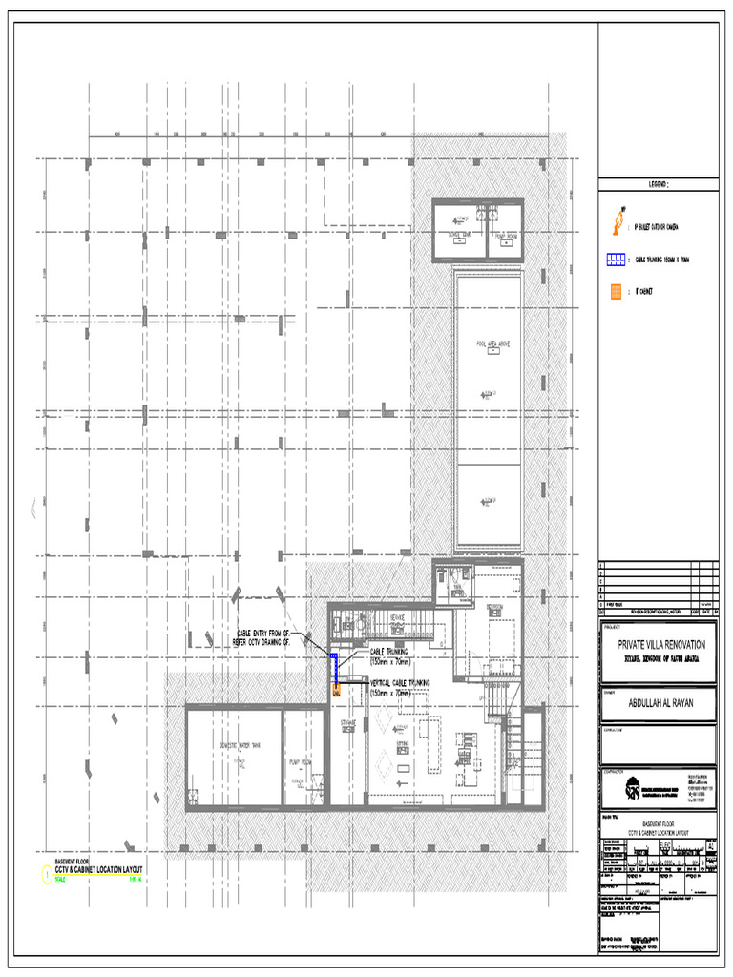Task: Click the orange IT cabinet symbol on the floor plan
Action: (x=336, y=692)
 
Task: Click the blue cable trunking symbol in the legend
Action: (x=616, y=259)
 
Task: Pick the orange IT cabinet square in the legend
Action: (x=616, y=291)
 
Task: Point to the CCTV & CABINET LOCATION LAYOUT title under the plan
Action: (x=98, y=869)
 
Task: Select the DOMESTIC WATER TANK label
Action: (x=241, y=745)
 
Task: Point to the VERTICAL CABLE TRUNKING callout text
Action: (x=400, y=683)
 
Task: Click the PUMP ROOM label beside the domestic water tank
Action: (x=304, y=762)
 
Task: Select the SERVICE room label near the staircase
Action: (x=396, y=617)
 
